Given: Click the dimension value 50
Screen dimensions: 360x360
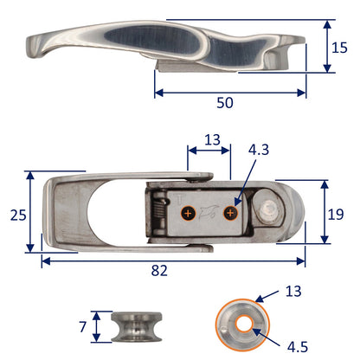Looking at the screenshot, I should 225,101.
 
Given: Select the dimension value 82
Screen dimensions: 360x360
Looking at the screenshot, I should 158,271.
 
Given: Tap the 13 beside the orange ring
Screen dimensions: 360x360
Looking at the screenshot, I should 292,291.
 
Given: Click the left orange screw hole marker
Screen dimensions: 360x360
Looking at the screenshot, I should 187,212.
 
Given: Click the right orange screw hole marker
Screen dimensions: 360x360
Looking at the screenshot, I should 229,212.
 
